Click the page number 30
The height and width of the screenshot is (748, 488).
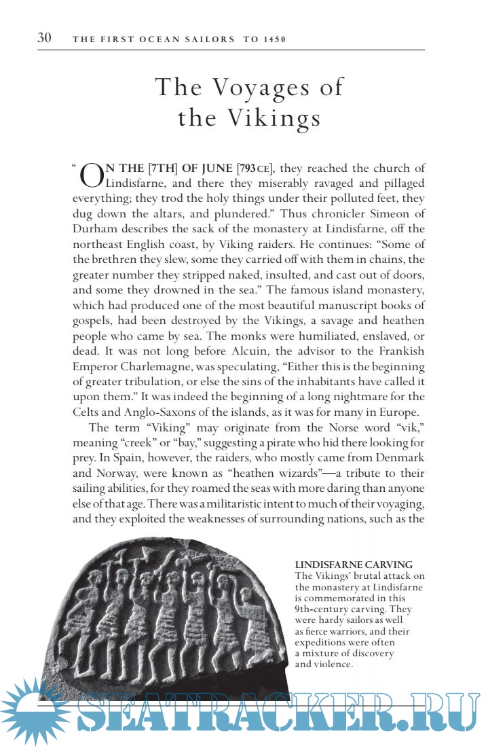[x=45, y=38]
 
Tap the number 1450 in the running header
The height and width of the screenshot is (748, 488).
[x=274, y=39]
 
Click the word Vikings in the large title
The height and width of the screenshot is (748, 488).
[x=274, y=118]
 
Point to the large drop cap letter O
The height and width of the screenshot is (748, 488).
[x=92, y=175]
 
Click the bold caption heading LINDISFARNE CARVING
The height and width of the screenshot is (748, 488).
[x=354, y=565]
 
